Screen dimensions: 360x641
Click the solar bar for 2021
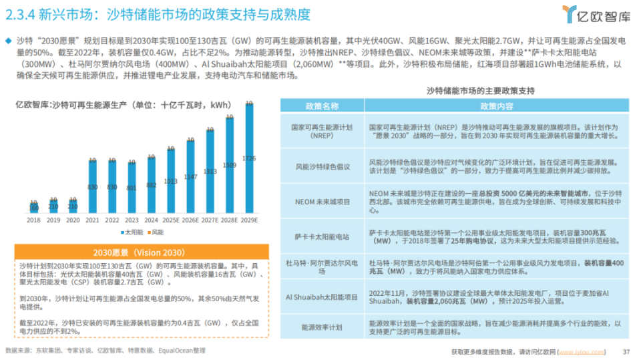(x=92, y=186)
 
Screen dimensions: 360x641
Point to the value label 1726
(x=249, y=158)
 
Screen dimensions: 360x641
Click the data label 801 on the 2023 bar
(x=131, y=188)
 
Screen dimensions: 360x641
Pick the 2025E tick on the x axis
(x=170, y=220)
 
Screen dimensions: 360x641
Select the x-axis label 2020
(x=72, y=220)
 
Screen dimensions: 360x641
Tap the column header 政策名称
(x=322, y=106)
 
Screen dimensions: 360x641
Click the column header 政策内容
(x=497, y=106)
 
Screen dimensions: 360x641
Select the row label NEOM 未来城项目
(x=322, y=201)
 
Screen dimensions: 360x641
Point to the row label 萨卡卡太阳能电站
(x=322, y=236)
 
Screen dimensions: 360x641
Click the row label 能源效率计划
(x=322, y=327)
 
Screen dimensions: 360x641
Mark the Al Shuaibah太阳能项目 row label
(x=322, y=297)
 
